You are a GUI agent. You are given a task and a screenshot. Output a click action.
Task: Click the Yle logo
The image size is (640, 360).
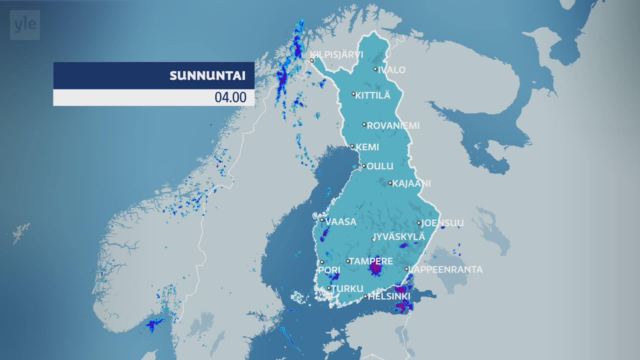point(25,25)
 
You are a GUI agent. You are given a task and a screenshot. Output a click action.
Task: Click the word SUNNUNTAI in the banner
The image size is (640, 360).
point(207,76)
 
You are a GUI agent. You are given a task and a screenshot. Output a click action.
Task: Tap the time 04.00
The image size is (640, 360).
point(230,97)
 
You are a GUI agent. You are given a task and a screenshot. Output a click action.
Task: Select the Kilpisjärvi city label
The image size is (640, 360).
point(337,54)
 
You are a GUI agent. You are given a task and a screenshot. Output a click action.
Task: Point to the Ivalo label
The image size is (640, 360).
point(392,70)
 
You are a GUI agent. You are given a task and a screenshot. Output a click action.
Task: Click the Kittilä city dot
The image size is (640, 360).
point(354,94)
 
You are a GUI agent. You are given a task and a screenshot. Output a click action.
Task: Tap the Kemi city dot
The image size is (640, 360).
point(352,146)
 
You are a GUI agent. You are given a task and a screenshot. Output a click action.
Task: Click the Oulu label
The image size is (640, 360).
point(380,166)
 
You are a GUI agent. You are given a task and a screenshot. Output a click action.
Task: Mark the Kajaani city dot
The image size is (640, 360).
point(390,183)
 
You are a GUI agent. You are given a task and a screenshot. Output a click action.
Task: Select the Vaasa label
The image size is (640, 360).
point(341,222)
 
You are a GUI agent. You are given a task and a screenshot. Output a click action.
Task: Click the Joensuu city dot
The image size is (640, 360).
point(419,223)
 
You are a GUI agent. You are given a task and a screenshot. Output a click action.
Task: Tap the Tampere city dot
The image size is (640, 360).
point(348,261)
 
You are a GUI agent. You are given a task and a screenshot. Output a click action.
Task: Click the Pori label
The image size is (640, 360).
point(329,270)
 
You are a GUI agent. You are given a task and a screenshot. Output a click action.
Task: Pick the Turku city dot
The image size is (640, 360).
point(329,288)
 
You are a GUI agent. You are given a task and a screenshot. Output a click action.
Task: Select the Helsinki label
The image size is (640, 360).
point(389,296)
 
